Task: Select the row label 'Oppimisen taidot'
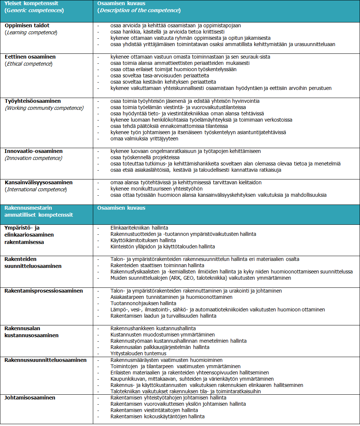[x=27, y=26]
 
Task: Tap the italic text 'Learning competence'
[x=31, y=32]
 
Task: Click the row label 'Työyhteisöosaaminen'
[x=33, y=101]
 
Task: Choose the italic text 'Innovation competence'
[x=34, y=158]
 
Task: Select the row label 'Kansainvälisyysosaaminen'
[x=38, y=182]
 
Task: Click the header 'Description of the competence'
[x=139, y=10]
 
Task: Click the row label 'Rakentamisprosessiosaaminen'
[x=43, y=291]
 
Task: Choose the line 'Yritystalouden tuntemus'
[x=138, y=353]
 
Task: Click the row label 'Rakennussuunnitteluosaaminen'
[x=45, y=360]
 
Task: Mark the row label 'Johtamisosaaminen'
[x=30, y=398]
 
